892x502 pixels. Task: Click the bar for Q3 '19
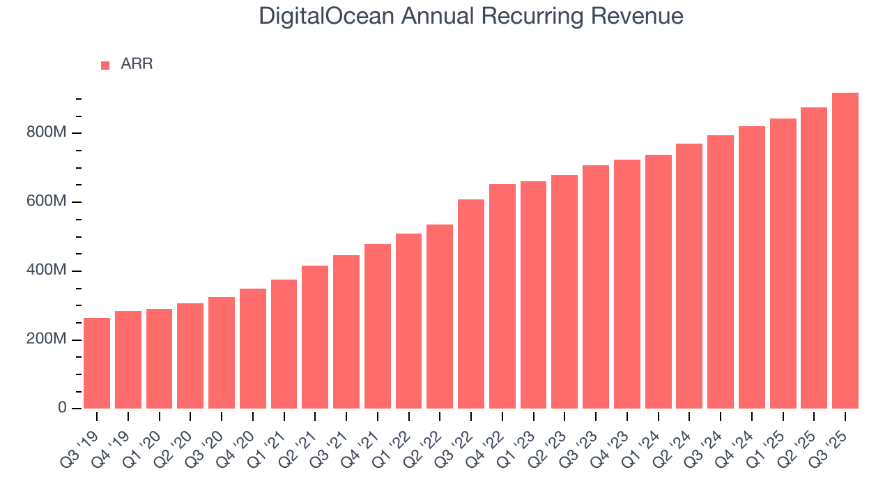[x=97, y=363]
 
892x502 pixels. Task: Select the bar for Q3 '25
[x=845, y=250]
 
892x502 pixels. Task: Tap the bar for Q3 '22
[x=471, y=304]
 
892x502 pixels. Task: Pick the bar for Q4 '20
[x=253, y=349]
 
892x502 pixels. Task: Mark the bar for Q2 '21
[x=315, y=337]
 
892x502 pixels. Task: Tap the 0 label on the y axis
[x=61, y=408]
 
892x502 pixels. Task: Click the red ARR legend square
[x=105, y=66]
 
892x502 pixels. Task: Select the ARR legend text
[x=137, y=65]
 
